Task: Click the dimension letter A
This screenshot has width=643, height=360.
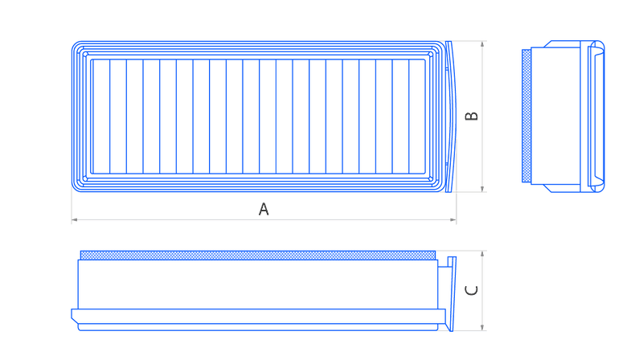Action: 264,209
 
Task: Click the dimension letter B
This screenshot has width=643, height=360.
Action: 472,116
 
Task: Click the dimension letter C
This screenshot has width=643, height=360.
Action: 472,290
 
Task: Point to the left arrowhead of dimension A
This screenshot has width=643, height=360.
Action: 74,219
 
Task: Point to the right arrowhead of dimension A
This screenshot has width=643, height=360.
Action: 453,219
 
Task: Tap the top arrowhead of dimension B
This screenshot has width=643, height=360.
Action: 482,44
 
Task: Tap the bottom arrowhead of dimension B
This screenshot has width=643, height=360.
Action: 482,189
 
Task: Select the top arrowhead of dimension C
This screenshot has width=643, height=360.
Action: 482,254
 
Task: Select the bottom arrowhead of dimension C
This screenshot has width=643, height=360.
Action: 482,327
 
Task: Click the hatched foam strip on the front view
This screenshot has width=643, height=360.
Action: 258,256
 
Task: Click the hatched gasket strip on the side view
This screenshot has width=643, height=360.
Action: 526,116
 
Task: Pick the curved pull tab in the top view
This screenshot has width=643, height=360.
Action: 451,117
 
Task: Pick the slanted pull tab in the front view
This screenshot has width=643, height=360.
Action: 452,293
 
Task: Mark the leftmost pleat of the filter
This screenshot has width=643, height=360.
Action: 101,117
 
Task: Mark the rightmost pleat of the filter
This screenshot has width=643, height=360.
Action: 417,117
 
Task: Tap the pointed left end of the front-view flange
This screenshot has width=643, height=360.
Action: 72,316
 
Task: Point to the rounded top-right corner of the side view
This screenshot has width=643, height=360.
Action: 602,44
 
